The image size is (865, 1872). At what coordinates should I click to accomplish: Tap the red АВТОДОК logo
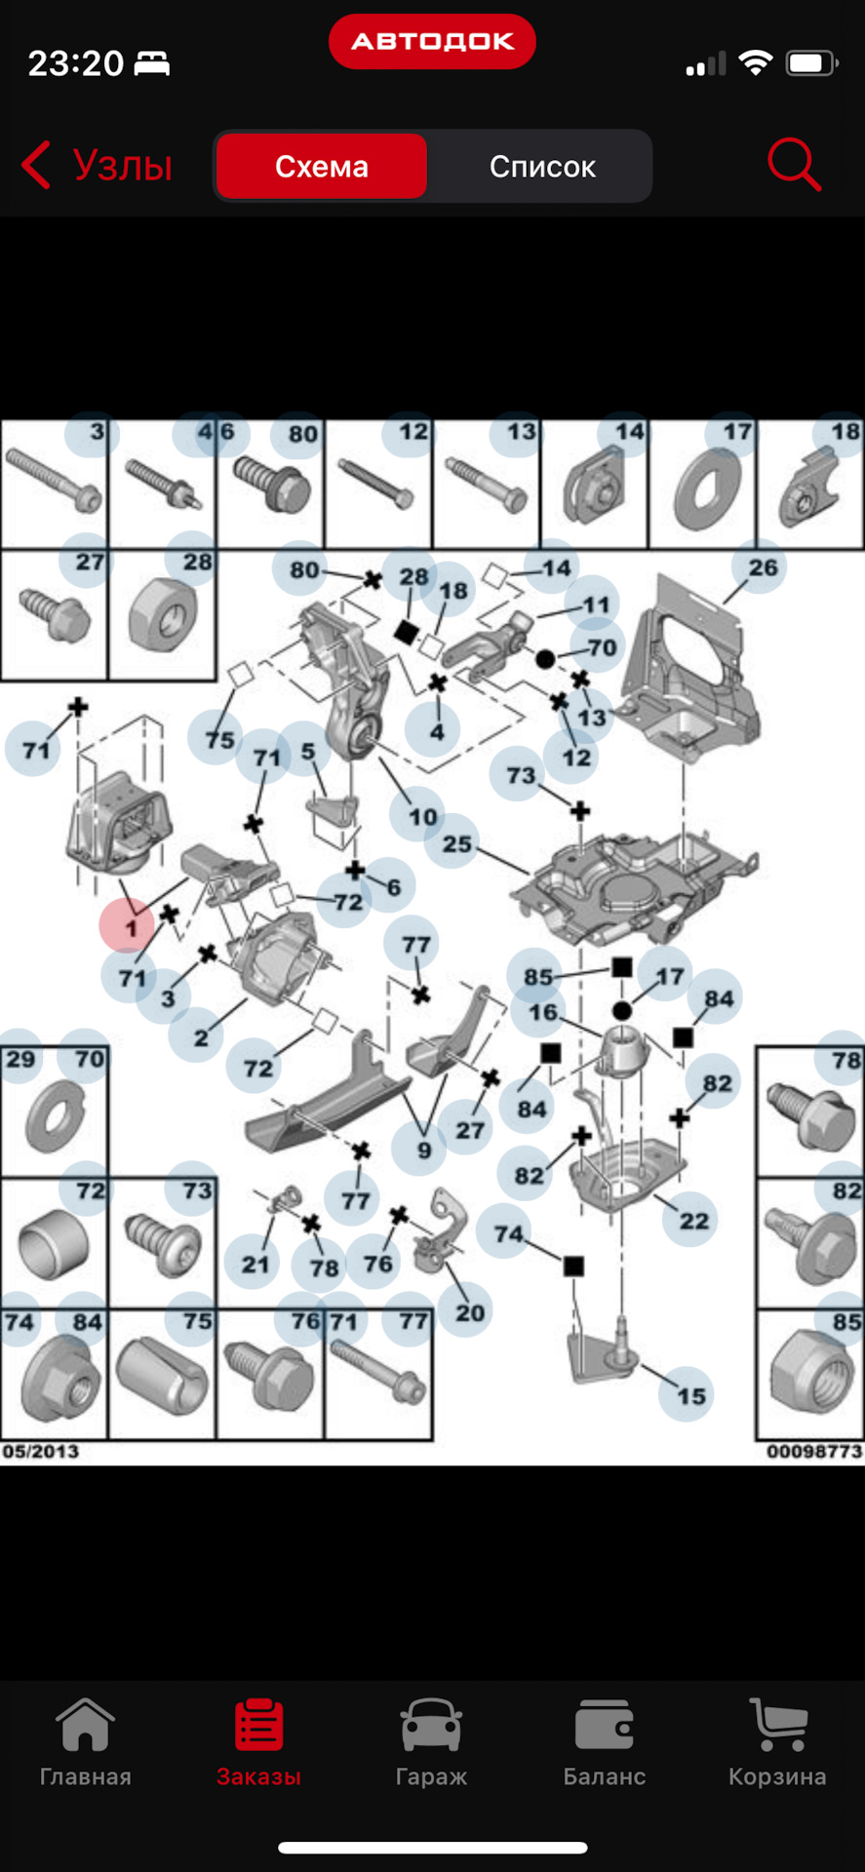click(x=432, y=41)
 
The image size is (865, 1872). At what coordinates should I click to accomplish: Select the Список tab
click(x=542, y=167)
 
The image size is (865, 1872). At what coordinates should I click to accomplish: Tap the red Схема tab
click(x=322, y=167)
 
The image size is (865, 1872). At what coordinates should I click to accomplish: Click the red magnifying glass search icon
click(x=794, y=164)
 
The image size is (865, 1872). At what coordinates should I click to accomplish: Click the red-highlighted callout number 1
click(x=131, y=926)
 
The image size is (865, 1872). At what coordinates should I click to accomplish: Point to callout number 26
click(x=763, y=567)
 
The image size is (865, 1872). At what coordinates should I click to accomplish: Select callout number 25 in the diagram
click(x=456, y=843)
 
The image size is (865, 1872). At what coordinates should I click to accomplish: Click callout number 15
click(x=690, y=1395)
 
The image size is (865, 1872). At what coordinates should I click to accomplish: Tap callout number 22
click(x=693, y=1220)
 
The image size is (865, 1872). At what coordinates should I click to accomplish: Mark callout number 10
click(x=422, y=816)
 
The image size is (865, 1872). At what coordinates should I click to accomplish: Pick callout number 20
click(x=469, y=1312)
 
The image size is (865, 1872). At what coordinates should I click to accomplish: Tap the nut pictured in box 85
click(x=808, y=1374)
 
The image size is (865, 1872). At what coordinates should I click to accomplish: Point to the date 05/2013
click(x=40, y=1451)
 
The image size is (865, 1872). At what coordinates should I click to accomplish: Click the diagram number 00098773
click(x=814, y=1451)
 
